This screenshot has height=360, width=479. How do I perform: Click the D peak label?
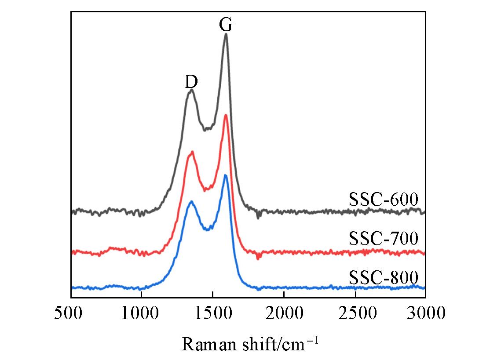[x=191, y=81]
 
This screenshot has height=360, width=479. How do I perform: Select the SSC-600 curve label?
[x=383, y=200]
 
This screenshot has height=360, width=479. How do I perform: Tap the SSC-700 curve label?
[x=383, y=239]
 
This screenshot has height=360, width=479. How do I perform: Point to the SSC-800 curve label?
[x=383, y=278]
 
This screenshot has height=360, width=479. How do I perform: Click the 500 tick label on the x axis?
[x=71, y=313]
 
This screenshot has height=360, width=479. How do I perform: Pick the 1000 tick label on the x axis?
[x=142, y=313]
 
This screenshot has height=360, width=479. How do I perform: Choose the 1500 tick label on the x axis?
[x=212, y=313]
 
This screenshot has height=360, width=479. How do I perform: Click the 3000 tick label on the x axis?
[x=425, y=313]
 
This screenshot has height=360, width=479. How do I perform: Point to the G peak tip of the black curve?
[x=226, y=34]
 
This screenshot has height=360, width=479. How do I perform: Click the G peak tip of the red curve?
[x=226, y=115]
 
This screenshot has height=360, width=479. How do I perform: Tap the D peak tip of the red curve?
[x=192, y=152]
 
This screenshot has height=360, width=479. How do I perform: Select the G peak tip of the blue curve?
[x=226, y=175]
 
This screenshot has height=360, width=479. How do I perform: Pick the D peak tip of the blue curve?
[x=191, y=202]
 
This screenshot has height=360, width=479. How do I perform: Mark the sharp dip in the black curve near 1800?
[x=258, y=217]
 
